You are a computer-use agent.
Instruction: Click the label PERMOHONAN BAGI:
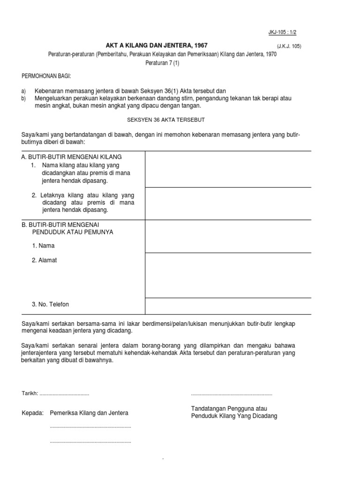point(47,76)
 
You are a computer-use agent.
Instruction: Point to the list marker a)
point(24,91)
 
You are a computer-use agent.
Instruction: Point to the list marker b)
point(24,98)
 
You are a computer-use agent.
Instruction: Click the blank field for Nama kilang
point(228,169)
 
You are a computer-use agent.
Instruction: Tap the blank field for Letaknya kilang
point(228,203)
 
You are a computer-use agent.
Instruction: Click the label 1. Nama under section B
point(43,246)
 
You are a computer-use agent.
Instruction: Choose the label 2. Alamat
point(45,260)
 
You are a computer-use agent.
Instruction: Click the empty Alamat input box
point(228,275)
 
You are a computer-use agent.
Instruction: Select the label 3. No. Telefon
point(50,304)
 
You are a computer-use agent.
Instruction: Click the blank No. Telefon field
point(228,306)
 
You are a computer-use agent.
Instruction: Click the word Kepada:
point(32,413)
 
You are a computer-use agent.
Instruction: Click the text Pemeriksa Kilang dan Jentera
point(89,413)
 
